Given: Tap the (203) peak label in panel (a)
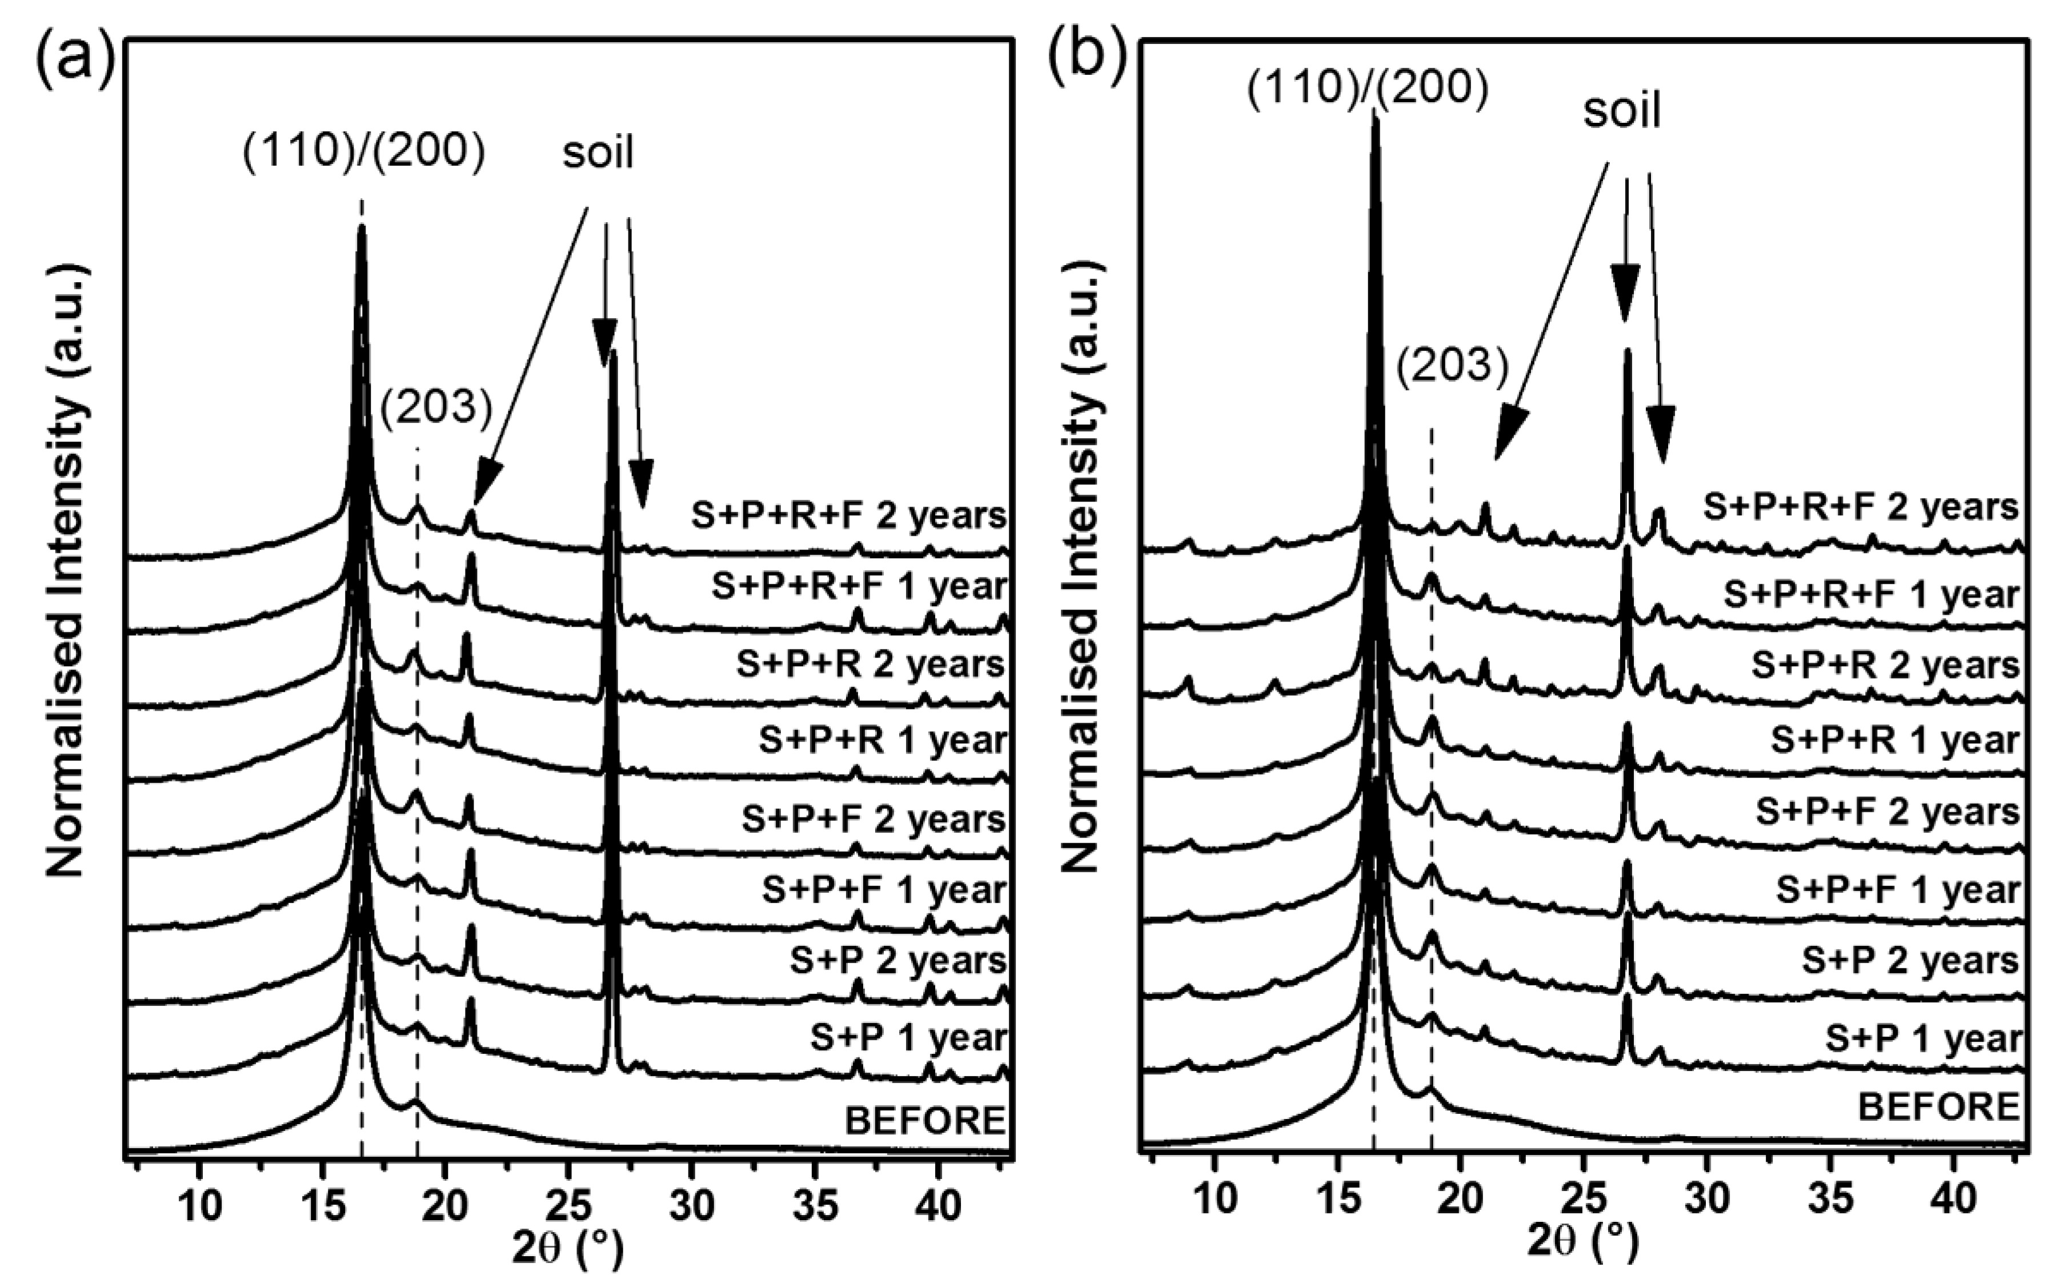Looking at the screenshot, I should tap(436, 408).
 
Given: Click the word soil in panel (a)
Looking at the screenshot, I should tap(598, 153).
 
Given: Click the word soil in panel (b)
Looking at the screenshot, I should tap(1621, 111).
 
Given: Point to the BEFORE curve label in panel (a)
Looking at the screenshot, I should tap(925, 1120).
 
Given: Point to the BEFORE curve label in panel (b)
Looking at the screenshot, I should tap(1938, 1106).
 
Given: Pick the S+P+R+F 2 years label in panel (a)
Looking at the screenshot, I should tap(848, 516).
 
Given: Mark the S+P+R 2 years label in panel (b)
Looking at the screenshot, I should tap(1885, 665).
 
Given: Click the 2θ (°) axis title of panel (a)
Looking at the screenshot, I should tap(568, 1247).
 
